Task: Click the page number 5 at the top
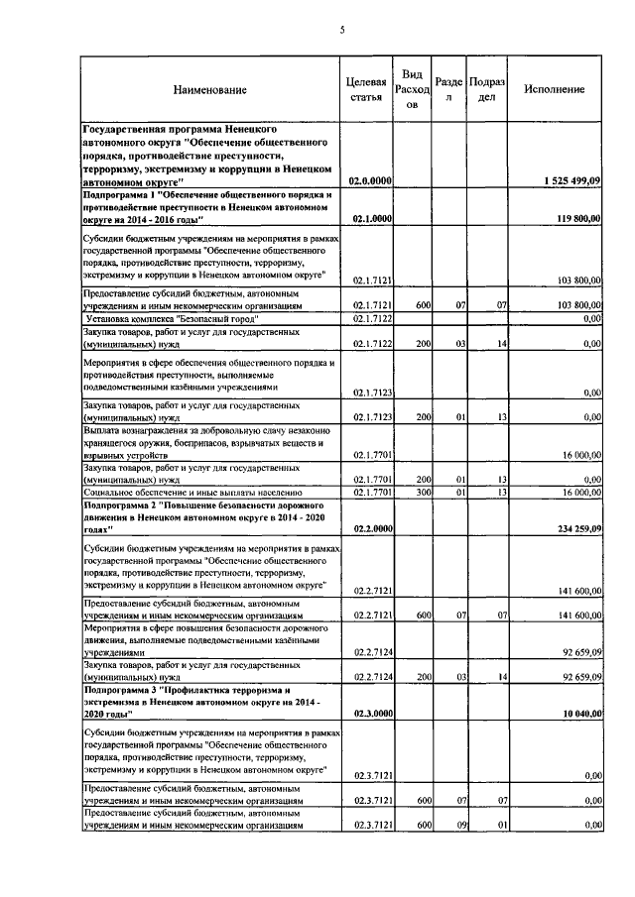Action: click(340, 30)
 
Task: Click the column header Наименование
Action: click(209, 89)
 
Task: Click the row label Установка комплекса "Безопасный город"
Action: click(173, 319)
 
